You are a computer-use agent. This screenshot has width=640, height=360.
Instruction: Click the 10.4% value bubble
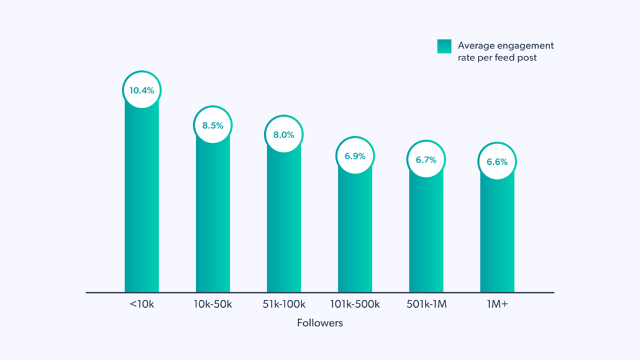coord(142,90)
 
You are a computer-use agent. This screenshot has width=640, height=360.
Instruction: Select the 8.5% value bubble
coord(213,125)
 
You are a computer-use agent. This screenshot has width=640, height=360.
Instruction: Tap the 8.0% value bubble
coord(284,134)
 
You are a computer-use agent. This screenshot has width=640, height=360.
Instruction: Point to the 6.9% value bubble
coord(355,156)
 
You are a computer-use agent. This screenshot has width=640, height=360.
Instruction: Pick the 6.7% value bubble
coord(426,160)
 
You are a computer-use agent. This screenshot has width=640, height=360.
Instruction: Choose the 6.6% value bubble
coord(497,162)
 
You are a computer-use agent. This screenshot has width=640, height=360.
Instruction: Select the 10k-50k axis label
coord(213,304)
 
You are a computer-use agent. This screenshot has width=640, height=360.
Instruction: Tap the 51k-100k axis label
coord(284,304)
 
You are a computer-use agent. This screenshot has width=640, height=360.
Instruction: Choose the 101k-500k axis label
coord(355,304)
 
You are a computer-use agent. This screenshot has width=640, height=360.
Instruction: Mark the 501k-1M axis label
coord(426,304)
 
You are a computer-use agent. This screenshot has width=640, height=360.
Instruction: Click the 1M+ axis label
coord(497,304)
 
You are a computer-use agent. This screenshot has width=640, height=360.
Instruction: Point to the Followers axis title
coord(319,323)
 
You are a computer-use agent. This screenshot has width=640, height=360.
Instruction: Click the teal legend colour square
coord(444,46)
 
